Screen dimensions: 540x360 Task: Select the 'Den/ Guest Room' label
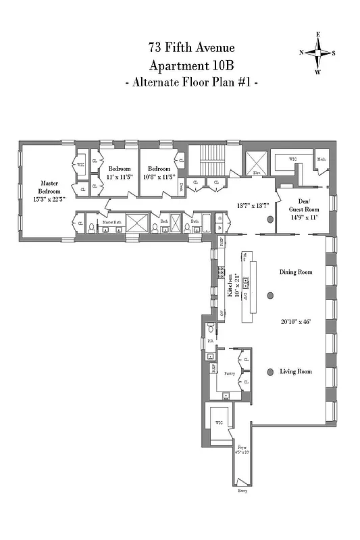[312, 209]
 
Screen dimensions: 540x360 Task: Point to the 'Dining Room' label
[296, 272]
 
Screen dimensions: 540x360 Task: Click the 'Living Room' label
[296, 371]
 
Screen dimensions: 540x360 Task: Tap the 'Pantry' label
[226, 371]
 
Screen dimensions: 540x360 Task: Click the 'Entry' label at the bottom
[242, 491]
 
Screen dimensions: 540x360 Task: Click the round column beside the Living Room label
[270, 372]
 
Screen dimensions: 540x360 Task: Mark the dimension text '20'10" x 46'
[296, 322]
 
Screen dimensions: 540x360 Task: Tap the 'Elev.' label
[257, 173]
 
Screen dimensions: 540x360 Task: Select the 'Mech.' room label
[321, 159]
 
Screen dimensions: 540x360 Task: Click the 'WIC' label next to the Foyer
[219, 423]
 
